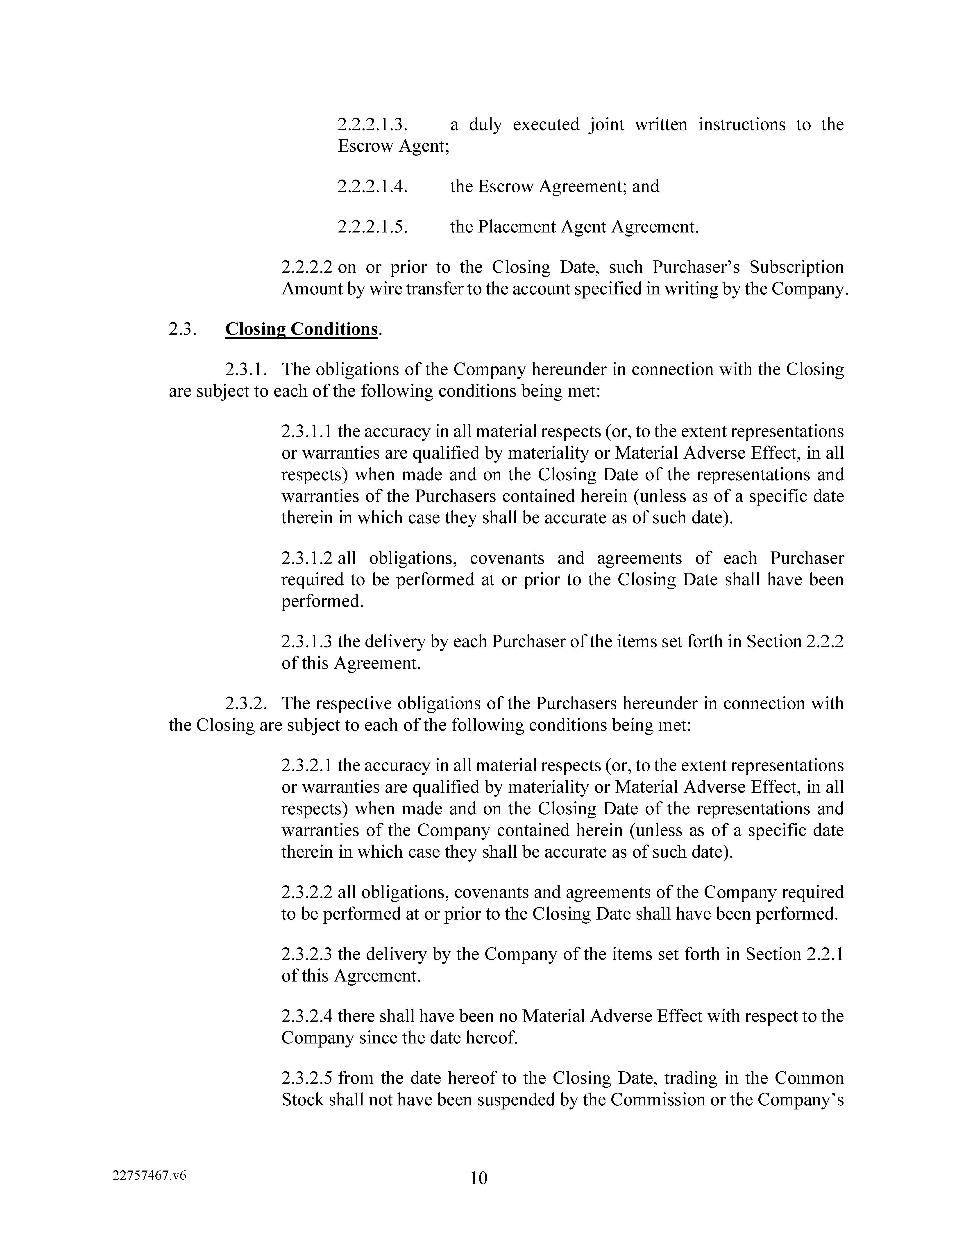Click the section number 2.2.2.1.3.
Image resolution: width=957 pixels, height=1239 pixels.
point(372,124)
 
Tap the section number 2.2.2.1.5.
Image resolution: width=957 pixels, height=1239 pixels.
point(372,227)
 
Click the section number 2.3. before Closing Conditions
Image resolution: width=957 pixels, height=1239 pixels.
point(183,329)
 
